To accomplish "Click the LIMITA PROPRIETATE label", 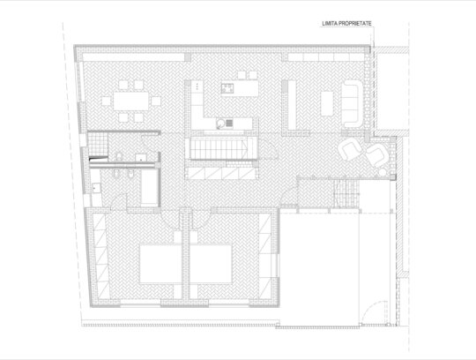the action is click(346, 24).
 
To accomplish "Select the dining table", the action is click(131, 101).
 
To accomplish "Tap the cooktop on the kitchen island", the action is click(227, 89).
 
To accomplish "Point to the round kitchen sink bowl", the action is click(220, 123).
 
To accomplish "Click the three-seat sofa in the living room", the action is click(352, 103).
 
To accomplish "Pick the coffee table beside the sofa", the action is click(327, 103).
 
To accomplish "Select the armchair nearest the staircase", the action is click(350, 149).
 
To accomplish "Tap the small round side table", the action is click(383, 172).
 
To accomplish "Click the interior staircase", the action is click(221, 148).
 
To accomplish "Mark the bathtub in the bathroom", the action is click(149, 187).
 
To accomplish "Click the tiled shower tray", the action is click(98, 144).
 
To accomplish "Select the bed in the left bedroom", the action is click(160, 264).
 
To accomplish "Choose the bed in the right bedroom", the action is click(211, 264).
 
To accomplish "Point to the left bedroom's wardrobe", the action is click(101, 256).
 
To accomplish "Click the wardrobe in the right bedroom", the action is click(264, 256).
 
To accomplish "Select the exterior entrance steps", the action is click(346, 194).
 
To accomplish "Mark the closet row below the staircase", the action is click(221, 174).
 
